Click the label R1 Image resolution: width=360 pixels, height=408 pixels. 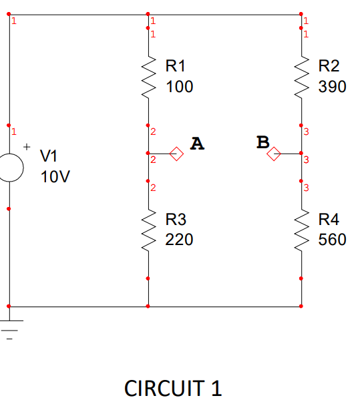pyautogui.click(x=176, y=66)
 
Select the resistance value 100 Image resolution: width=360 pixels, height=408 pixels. pyautogui.click(x=179, y=87)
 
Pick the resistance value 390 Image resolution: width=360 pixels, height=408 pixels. pyautogui.click(x=332, y=87)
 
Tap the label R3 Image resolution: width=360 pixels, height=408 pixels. pyautogui.click(x=176, y=219)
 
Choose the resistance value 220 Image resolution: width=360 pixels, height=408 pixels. pyautogui.click(x=179, y=240)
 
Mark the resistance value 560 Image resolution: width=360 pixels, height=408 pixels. pyautogui.click(x=332, y=240)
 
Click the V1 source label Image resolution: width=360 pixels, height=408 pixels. pyautogui.click(x=49, y=156)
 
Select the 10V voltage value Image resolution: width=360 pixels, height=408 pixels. pyautogui.click(x=55, y=178)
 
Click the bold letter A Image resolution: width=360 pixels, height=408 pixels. pyautogui.click(x=196, y=143)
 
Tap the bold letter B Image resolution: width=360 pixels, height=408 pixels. pyautogui.click(x=262, y=142)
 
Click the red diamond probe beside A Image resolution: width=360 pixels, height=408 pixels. pyautogui.click(x=176, y=154)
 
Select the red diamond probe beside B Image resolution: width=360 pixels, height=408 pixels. pyautogui.click(x=274, y=155)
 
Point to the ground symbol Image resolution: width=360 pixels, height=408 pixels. pyautogui.click(x=9, y=327)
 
